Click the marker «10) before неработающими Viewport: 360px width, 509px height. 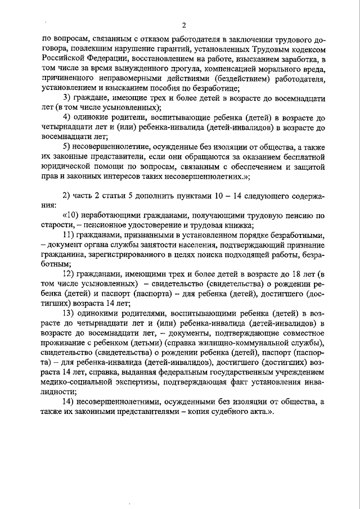pyautogui.click(x=69, y=215)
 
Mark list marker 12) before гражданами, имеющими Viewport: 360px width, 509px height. pyautogui.click(x=70, y=273)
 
